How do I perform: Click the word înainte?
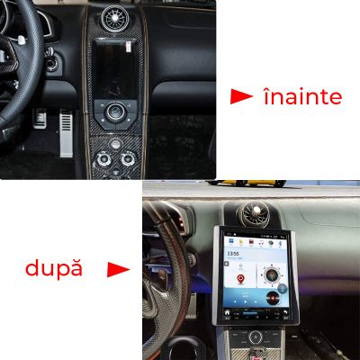302,96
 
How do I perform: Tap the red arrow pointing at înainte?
240,96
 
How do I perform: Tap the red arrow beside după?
119,269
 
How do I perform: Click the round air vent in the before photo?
119,17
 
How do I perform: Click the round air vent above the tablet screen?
252,213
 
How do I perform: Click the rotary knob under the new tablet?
256,338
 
